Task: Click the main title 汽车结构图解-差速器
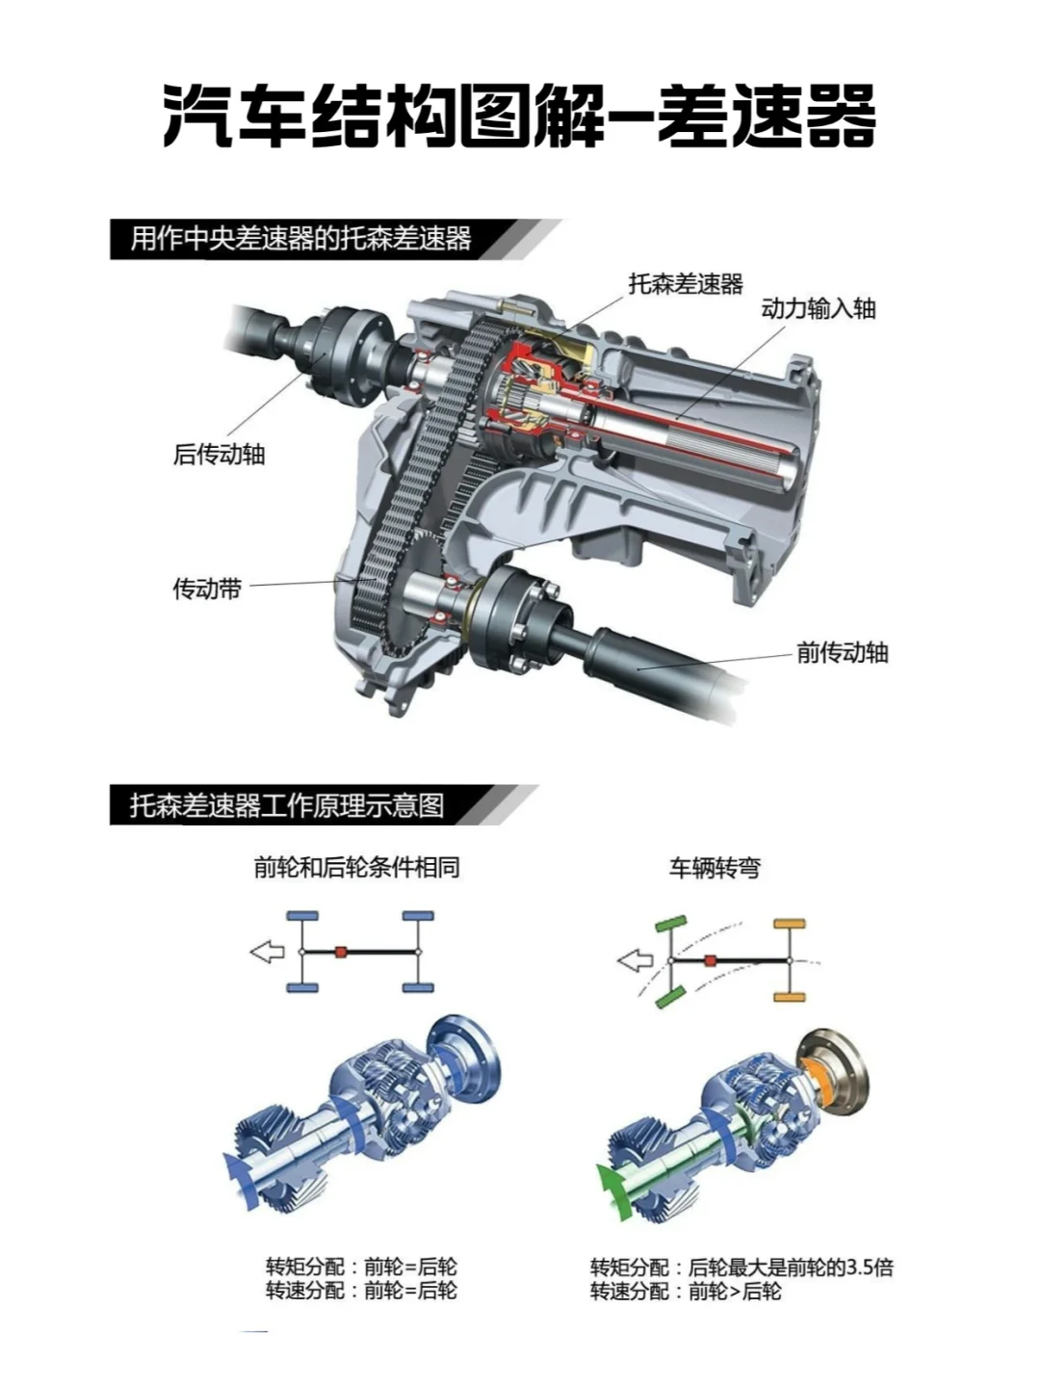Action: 519,116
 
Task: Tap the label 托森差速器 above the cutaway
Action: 686,284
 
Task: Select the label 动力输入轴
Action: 819,309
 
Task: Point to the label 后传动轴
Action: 220,455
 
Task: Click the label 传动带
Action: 208,589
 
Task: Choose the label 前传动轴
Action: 843,652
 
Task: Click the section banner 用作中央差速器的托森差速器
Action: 301,240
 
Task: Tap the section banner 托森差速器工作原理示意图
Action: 287,805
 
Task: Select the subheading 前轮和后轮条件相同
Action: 356,868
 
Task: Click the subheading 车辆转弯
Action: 715,868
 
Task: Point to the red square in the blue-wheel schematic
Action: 341,952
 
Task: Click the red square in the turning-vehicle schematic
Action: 711,961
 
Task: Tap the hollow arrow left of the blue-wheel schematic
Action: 268,952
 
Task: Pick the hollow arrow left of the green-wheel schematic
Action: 636,961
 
